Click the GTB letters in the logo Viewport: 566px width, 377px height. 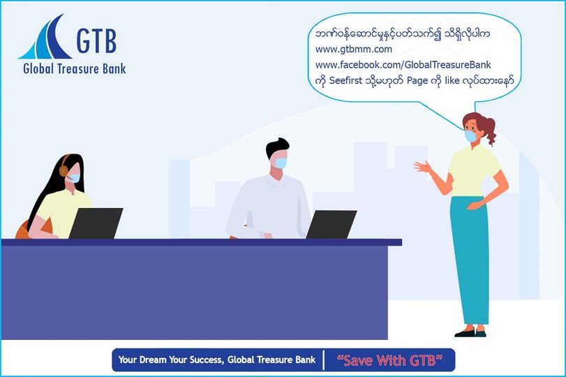coord(96,40)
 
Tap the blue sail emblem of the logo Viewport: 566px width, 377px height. coord(45,38)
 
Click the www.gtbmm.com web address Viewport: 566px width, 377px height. coord(353,50)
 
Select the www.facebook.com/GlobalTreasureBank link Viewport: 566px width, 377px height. coord(403,65)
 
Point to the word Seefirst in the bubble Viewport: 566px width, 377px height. coord(345,80)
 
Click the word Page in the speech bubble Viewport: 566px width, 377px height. coord(417,81)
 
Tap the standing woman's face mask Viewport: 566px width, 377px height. coord(470,136)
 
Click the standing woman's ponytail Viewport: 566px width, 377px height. coord(489,130)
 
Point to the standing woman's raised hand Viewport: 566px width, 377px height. coord(422,167)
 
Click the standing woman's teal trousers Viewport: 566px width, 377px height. coord(469,260)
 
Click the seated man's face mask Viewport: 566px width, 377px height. coord(281,163)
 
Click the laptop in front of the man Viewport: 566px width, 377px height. coord(332,224)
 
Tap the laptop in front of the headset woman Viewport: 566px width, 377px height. coord(96,223)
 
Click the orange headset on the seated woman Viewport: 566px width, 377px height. coord(64,166)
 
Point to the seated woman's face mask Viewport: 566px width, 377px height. coord(75,178)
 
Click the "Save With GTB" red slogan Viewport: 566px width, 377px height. coord(389,360)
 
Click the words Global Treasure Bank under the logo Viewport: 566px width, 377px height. coord(75,68)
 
